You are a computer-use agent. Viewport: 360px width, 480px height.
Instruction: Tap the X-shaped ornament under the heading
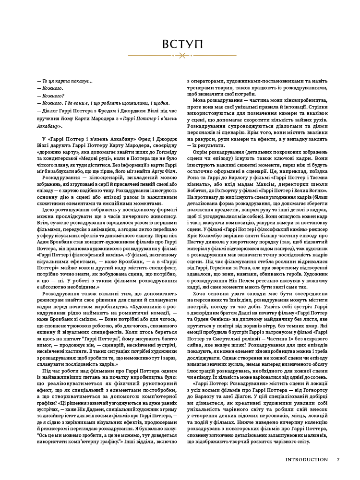[x=180, y=57]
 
